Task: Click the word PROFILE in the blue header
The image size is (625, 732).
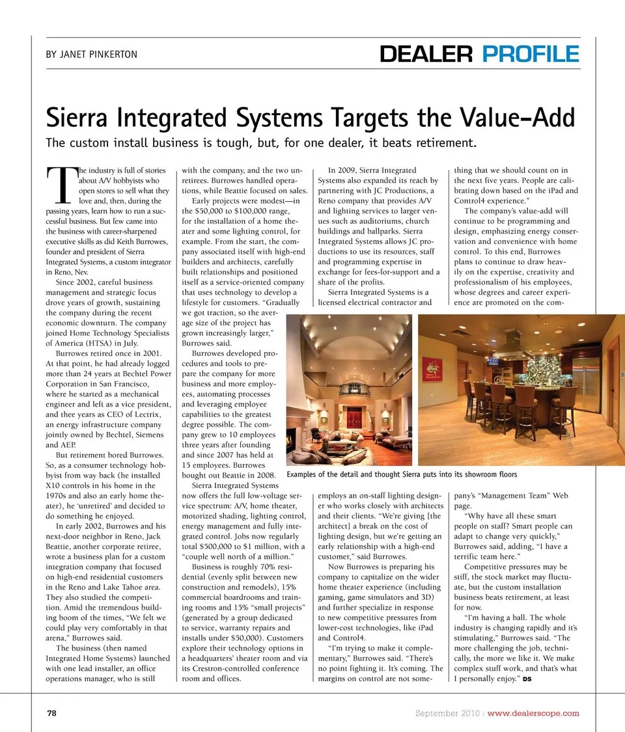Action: tap(531, 54)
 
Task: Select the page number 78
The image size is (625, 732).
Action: tap(51, 713)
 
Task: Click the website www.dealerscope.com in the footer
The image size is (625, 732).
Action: tap(533, 713)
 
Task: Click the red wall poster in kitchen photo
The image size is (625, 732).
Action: tap(430, 369)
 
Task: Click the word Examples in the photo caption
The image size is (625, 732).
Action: tap(306, 474)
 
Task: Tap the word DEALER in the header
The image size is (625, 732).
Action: tap(428, 54)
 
